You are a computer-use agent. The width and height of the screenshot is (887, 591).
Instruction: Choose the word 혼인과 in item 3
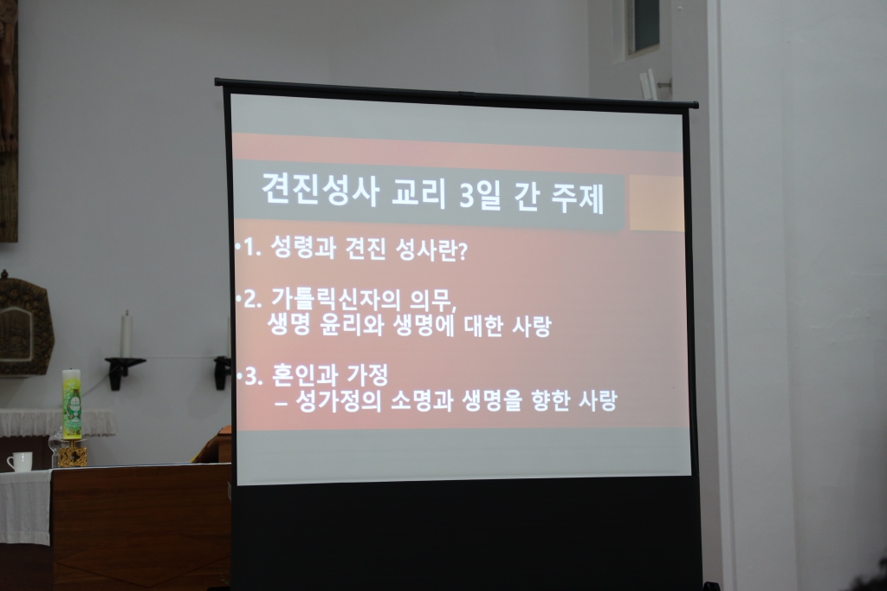[300, 377]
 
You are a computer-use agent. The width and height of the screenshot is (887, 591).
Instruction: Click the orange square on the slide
[656, 204]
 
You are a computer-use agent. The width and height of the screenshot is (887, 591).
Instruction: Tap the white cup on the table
[20, 462]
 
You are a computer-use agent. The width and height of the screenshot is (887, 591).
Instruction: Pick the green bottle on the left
[71, 405]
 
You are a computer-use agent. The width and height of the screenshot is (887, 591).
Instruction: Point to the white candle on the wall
[126, 334]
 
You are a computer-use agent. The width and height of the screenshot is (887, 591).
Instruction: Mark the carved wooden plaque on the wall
[23, 324]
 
